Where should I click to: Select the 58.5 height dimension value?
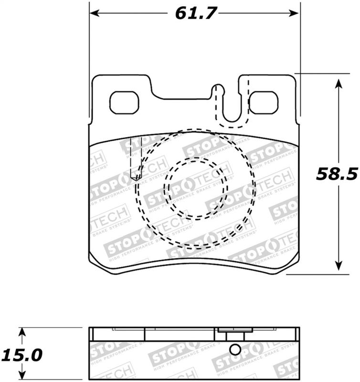(x=337, y=175)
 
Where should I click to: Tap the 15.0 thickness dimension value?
(x=21, y=355)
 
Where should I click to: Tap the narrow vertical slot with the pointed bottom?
(x=134, y=158)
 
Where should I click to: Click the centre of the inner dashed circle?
(x=195, y=189)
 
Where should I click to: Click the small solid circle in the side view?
(x=235, y=350)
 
